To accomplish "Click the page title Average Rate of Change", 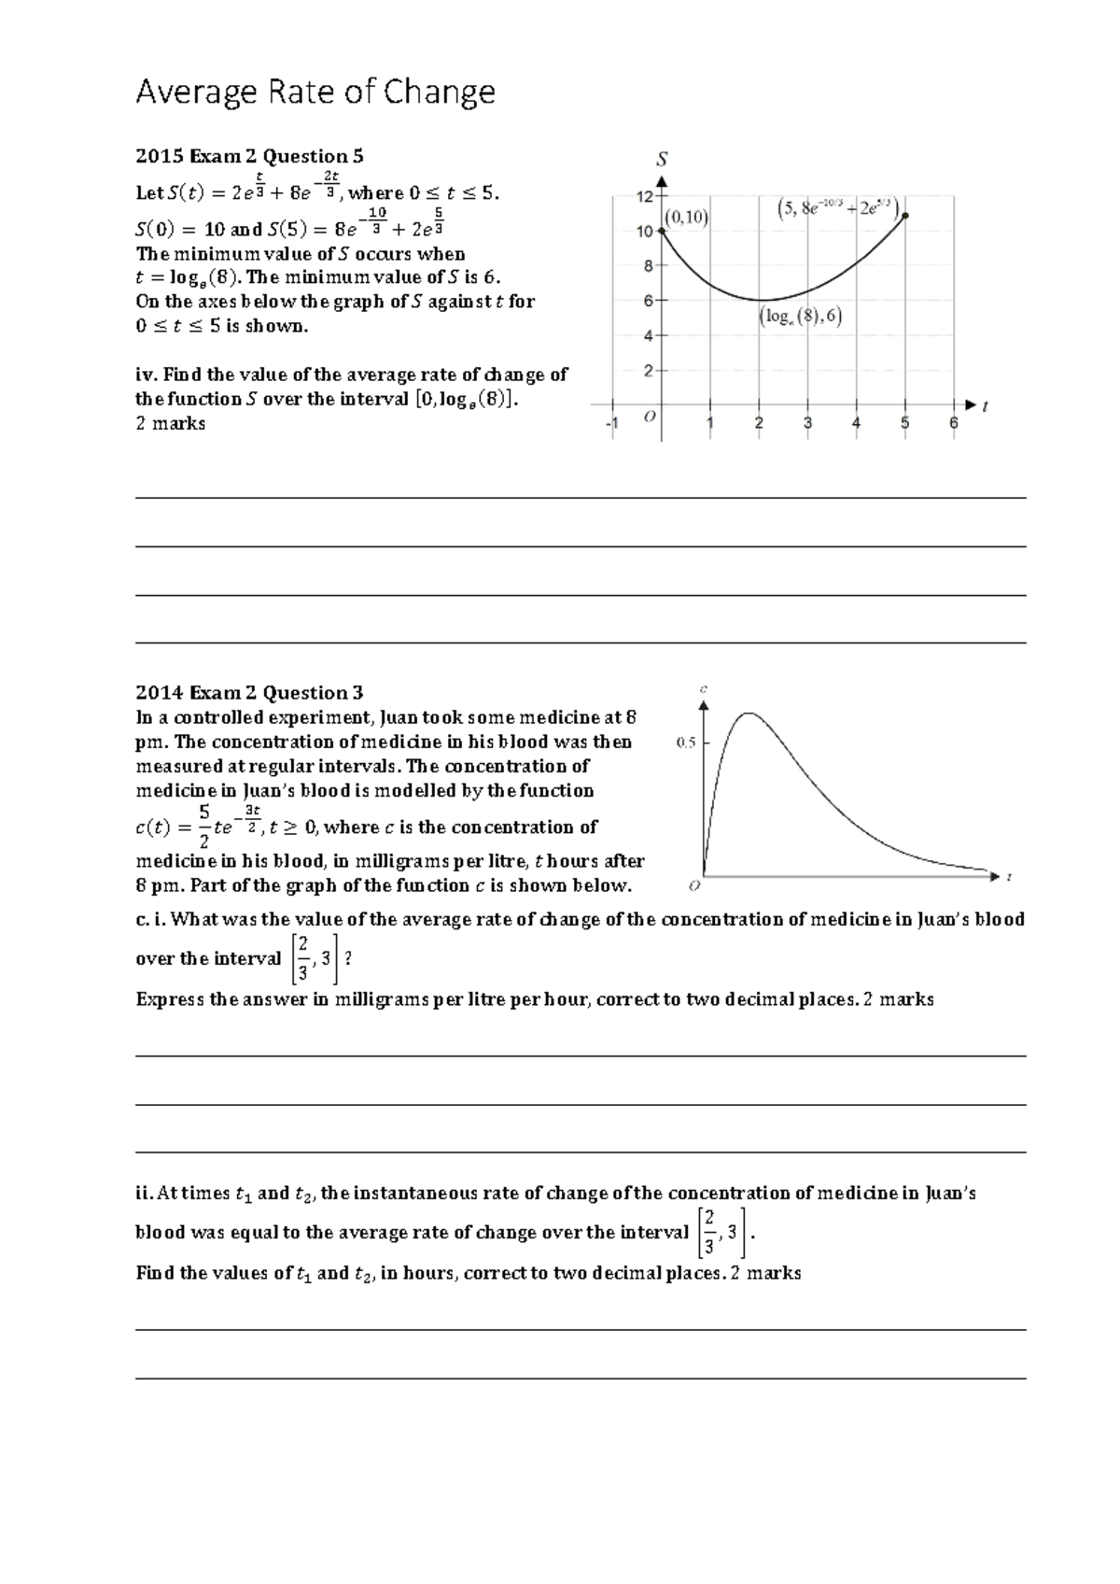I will [x=315, y=93].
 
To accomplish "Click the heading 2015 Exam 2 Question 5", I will [x=249, y=156].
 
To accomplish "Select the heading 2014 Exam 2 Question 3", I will [x=249, y=693].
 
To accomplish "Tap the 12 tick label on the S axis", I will [x=645, y=197].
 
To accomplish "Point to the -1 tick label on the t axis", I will [x=611, y=423].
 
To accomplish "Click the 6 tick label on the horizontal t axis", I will [x=953, y=423].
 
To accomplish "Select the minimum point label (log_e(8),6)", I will [x=801, y=317].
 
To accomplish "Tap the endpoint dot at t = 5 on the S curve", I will [x=904, y=216].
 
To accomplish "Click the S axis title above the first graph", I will [x=662, y=159].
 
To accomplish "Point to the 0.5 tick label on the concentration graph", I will [x=685, y=743].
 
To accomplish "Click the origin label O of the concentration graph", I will [x=693, y=884].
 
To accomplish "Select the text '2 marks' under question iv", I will [x=170, y=424].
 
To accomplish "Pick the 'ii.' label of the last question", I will [x=144, y=1194].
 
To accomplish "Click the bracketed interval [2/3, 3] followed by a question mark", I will [x=315, y=959].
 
